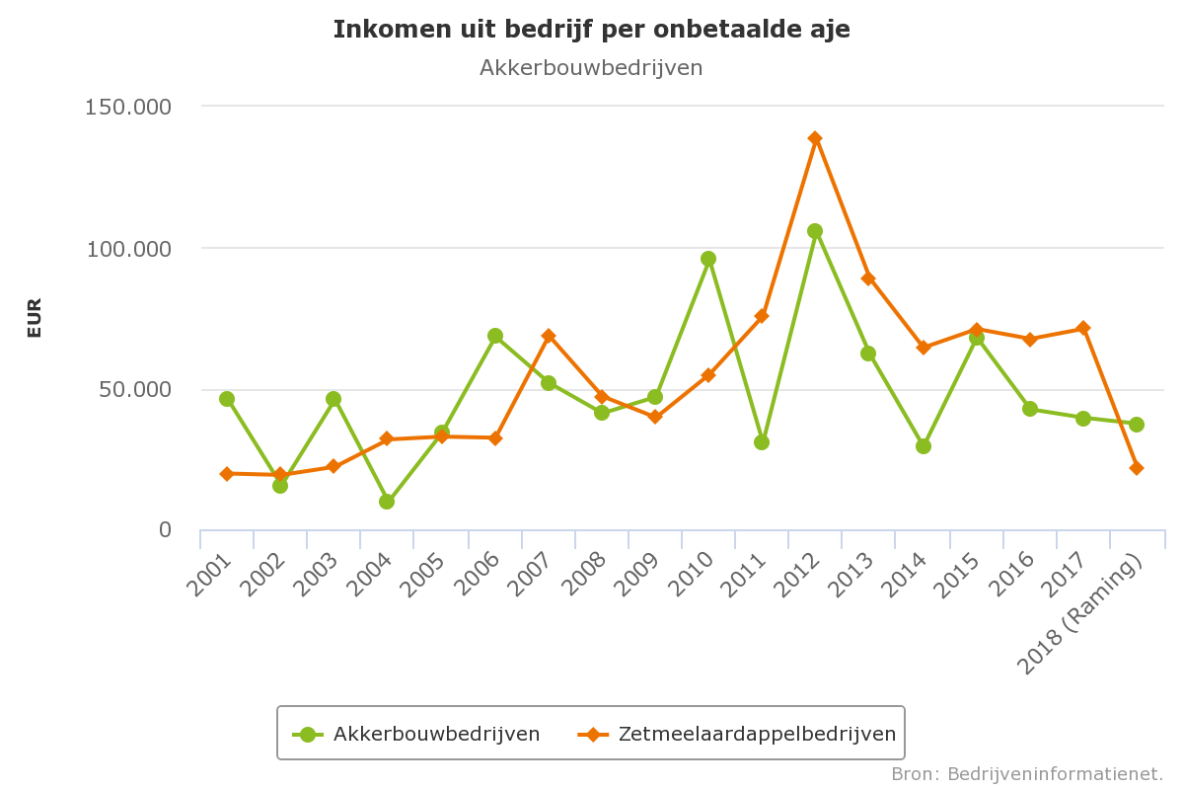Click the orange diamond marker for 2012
tap(815, 138)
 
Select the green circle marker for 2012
tap(815, 231)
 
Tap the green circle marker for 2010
tap(708, 259)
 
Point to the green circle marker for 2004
tap(387, 502)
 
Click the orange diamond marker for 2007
tap(549, 336)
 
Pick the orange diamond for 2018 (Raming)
tap(1137, 468)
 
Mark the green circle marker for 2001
tap(227, 399)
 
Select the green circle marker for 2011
tap(762, 442)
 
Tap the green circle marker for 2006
tap(495, 336)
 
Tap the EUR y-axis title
tap(35, 318)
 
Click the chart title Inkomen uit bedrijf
tap(591, 30)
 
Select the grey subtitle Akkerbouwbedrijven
tap(591, 67)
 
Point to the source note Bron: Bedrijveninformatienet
tap(1027, 773)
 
